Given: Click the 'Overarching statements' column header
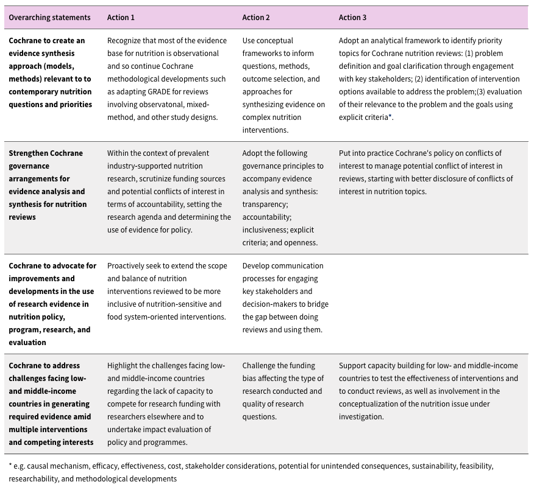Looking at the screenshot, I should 49,18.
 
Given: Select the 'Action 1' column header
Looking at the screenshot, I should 121,18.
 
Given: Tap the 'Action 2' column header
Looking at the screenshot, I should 256,18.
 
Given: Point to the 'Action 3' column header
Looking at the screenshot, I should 353,18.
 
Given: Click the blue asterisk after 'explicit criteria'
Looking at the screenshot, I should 390,116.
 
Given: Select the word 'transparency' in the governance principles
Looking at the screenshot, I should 265,205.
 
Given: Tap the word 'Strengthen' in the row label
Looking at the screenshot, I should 29,153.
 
